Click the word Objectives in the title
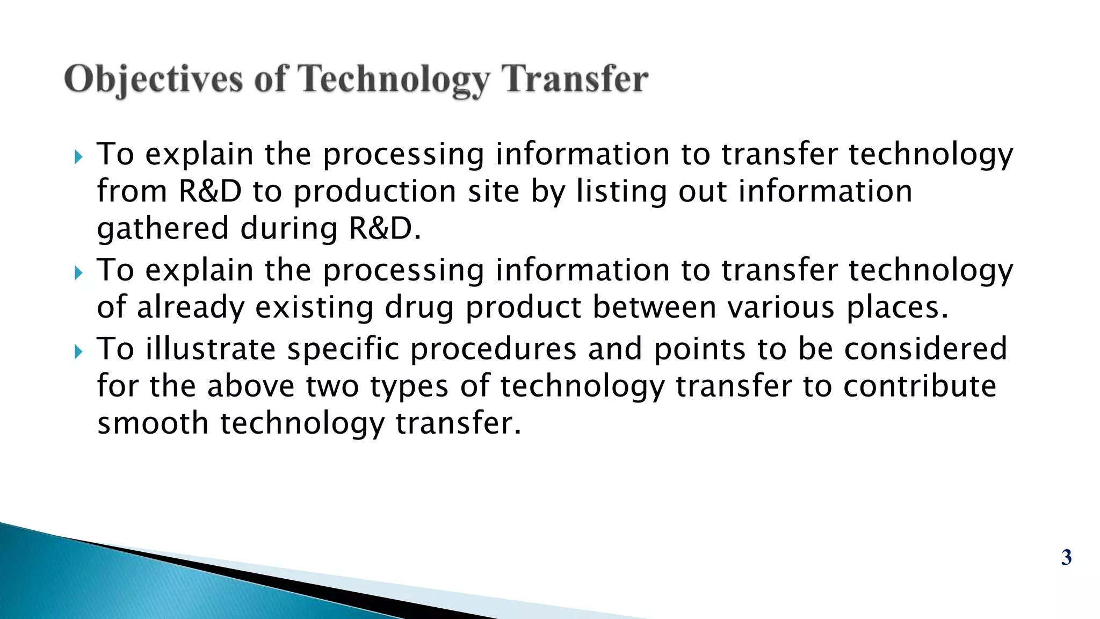coord(153,80)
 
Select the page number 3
coord(1066,557)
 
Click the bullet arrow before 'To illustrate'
coord(78,352)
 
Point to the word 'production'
coord(374,191)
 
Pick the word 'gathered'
coord(163,228)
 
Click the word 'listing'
coord(621,191)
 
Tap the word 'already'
coord(190,307)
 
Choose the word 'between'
coord(654,307)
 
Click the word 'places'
coord(896,307)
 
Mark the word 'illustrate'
coord(210,349)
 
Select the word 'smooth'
coord(153,423)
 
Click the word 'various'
coord(781,307)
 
